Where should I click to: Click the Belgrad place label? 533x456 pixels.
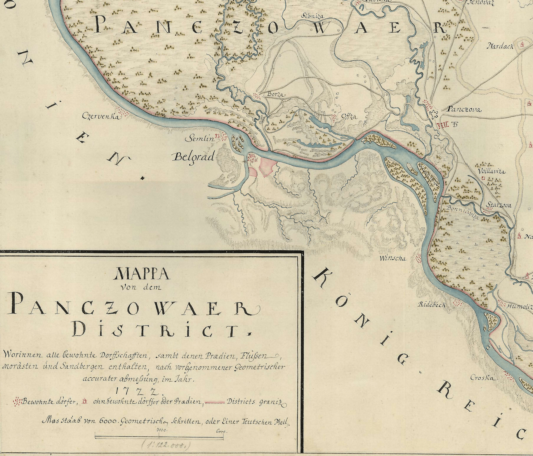click(194, 157)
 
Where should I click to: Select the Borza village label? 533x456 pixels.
click(276, 95)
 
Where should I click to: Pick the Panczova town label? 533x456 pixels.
click(464, 110)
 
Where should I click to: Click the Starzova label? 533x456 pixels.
click(499, 206)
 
